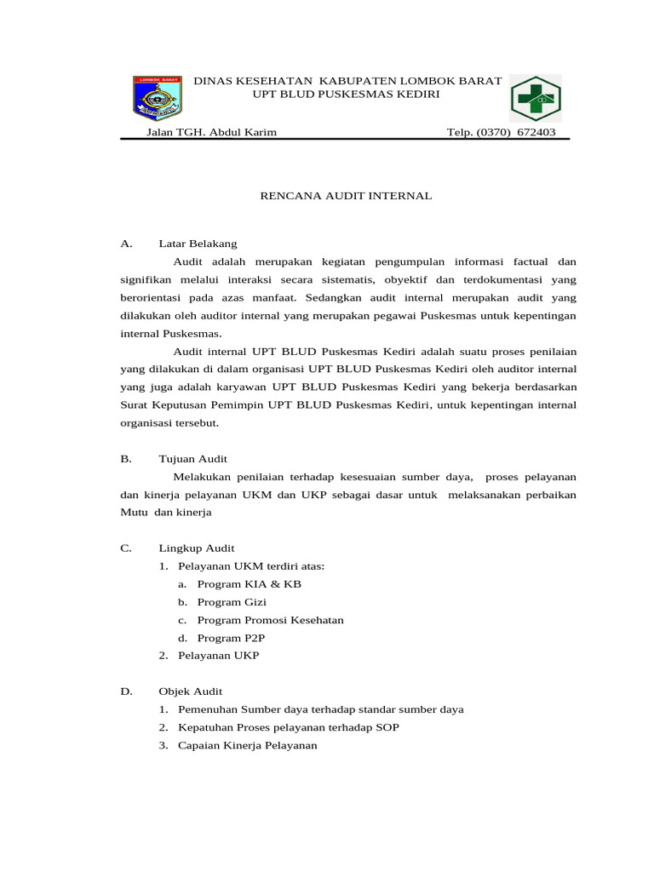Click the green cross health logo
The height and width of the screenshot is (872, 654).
(536, 99)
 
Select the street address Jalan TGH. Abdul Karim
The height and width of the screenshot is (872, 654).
(212, 132)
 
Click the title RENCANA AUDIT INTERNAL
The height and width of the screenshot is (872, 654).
(346, 196)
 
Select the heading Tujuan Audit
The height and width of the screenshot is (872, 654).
(192, 458)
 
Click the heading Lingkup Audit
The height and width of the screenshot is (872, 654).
(196, 548)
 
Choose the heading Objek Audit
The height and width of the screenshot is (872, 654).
(190, 691)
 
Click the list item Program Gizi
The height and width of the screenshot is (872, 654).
(232, 602)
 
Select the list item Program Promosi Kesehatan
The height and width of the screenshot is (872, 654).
(270, 620)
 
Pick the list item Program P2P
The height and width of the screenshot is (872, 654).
(229, 638)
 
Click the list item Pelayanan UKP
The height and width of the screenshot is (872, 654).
(218, 656)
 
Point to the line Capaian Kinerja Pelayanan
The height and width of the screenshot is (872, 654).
(247, 745)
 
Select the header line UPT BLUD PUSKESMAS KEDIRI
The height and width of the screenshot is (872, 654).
(347, 94)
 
